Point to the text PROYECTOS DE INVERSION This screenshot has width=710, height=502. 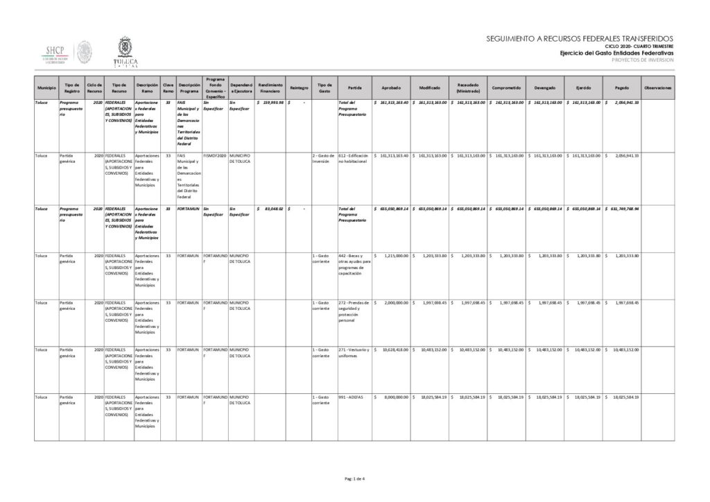click(643, 60)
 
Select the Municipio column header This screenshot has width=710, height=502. click(46, 88)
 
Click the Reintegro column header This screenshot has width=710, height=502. click(299, 88)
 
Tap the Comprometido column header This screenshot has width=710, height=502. click(507, 88)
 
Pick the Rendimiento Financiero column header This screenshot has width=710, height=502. click(269, 88)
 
